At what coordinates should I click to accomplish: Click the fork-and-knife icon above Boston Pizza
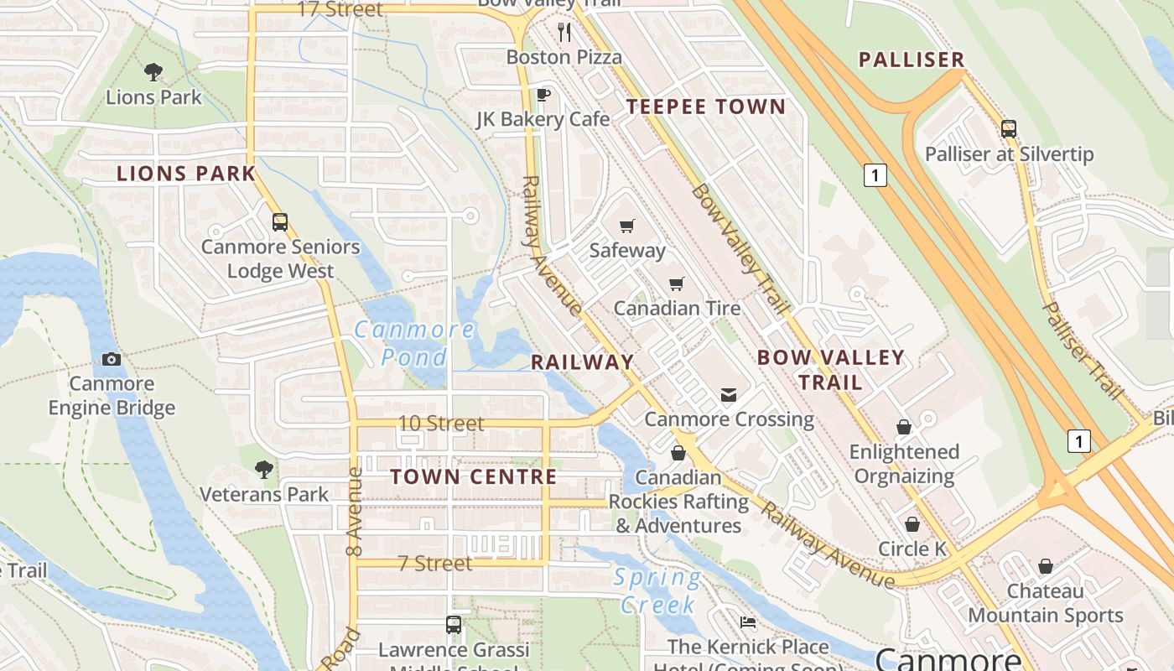564,32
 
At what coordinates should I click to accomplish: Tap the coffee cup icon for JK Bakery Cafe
543,95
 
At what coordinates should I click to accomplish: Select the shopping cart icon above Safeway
626,226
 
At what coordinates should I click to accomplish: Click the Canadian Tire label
677,308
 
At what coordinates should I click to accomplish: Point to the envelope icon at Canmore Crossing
728,394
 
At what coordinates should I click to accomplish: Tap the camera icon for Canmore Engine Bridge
111,360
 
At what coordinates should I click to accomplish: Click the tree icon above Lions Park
153,72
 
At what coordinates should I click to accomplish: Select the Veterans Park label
264,494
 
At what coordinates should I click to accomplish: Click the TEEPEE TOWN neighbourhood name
706,107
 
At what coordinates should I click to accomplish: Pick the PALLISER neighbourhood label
912,60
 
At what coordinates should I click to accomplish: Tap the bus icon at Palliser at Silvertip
1009,129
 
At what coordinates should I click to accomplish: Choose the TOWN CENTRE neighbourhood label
474,476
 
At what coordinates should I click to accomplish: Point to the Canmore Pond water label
414,343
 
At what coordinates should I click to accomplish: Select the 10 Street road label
441,424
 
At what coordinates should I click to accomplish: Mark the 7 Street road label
434,564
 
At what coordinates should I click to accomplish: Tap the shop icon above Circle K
912,524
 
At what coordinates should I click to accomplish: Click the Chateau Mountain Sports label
1046,603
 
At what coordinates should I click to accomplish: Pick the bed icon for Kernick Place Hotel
748,622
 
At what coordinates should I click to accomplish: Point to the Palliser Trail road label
1081,351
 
